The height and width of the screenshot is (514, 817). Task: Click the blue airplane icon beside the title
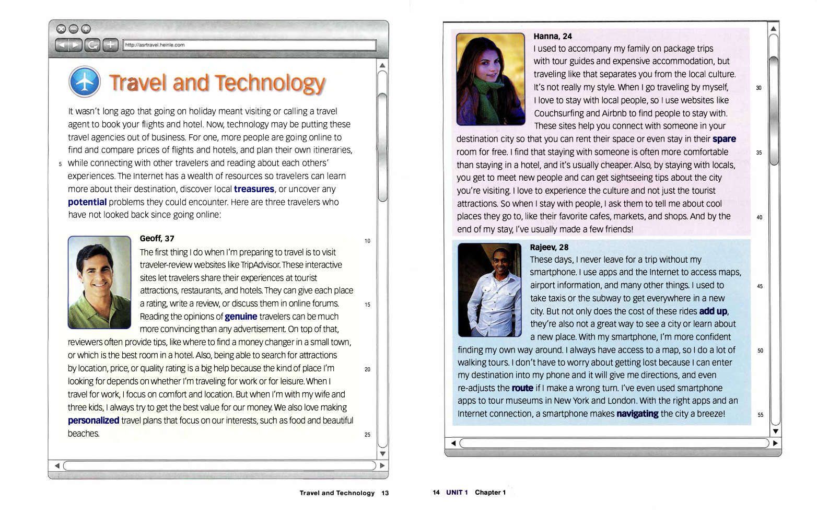tap(84, 82)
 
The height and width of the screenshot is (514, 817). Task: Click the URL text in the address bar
tap(155, 45)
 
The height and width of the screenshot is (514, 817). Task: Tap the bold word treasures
tap(254, 189)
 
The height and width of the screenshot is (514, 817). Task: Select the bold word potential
tap(87, 202)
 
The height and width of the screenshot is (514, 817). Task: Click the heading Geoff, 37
tap(157, 239)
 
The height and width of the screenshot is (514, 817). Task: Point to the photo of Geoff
tap(99, 282)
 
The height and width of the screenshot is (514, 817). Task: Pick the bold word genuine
tap(241, 317)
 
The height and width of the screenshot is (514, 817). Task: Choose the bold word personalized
tap(94, 420)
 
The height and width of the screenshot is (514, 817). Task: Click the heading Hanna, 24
tap(553, 37)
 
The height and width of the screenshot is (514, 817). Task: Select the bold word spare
tap(724, 139)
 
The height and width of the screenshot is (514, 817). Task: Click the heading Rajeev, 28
tap(549, 248)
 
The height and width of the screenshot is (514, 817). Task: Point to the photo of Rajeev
tap(489, 290)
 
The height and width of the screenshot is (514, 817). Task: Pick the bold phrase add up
tap(713, 311)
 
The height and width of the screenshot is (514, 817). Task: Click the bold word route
tap(522, 388)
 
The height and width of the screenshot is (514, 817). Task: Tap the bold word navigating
tap(637, 414)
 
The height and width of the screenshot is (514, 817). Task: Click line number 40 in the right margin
tap(759, 217)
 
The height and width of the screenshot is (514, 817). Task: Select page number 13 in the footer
tap(385, 493)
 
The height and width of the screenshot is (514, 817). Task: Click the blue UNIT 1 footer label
tap(457, 493)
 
